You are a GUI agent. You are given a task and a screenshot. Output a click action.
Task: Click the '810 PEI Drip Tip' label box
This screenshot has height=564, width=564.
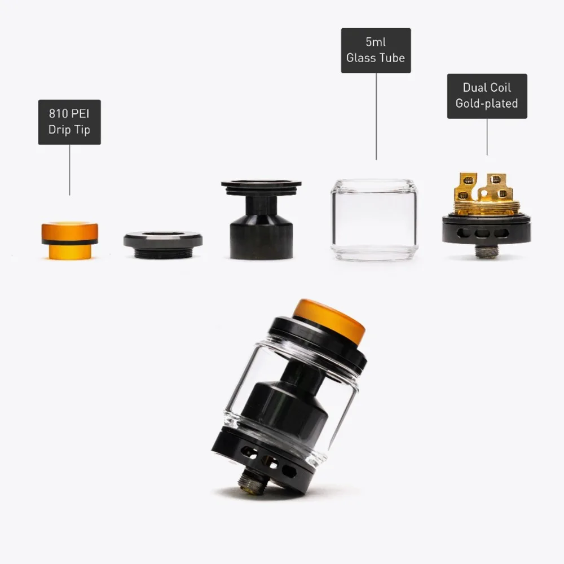point(69,122)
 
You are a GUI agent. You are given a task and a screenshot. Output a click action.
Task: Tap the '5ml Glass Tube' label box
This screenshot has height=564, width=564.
point(376,50)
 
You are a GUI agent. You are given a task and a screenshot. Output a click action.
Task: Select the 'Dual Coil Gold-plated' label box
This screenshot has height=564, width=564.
point(487,95)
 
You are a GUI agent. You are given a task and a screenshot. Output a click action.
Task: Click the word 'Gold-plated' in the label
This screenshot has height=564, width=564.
point(487,103)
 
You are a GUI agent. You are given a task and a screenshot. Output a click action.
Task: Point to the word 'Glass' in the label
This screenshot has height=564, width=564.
point(362,58)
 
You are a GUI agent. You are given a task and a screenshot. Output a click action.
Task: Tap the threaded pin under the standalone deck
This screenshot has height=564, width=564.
point(486,250)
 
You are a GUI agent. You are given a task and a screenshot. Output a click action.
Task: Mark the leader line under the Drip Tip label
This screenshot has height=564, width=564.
point(69,169)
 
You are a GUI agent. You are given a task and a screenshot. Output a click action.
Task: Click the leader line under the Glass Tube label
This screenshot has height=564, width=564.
point(376,116)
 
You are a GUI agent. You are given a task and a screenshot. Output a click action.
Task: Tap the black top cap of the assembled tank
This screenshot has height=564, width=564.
point(319,341)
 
